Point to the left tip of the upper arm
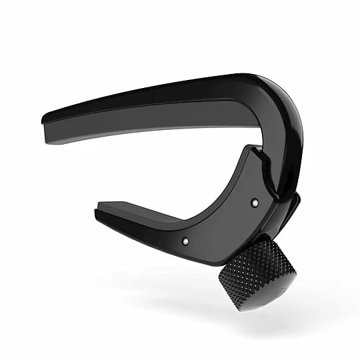45,120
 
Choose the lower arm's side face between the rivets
220,220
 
